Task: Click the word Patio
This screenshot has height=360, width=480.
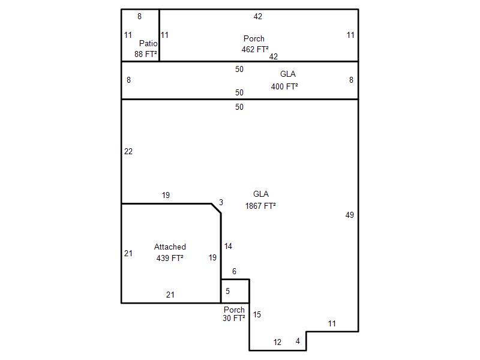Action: click(148, 43)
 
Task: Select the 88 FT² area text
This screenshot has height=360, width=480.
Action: click(146, 54)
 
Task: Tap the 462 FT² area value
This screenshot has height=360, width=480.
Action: click(255, 49)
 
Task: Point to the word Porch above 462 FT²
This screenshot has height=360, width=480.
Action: click(254, 38)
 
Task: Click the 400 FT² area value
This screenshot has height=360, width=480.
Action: click(284, 86)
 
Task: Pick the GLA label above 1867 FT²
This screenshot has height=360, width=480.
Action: click(261, 194)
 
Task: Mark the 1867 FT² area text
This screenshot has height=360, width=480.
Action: click(260, 206)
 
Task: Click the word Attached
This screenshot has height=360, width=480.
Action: click(170, 247)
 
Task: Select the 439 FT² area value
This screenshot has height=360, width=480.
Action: click(170, 258)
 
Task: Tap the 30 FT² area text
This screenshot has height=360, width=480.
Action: click(234, 319)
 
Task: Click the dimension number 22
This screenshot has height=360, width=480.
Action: click(128, 151)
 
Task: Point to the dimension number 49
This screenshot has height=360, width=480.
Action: click(350, 215)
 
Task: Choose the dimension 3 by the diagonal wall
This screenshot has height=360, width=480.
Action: click(221, 202)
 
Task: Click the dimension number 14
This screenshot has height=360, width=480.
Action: click(228, 246)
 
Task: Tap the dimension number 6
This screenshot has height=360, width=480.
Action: click(234, 271)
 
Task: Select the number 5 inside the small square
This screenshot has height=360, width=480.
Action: click(227, 291)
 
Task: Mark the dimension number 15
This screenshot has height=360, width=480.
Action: click(257, 314)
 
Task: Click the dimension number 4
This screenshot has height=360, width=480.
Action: click(298, 341)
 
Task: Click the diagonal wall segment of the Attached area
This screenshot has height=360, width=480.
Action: click(216, 208)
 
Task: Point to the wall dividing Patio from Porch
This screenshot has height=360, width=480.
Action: click(159, 35)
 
